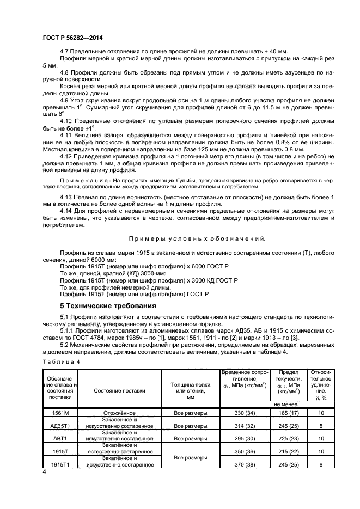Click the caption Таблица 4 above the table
[x=61, y=361]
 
